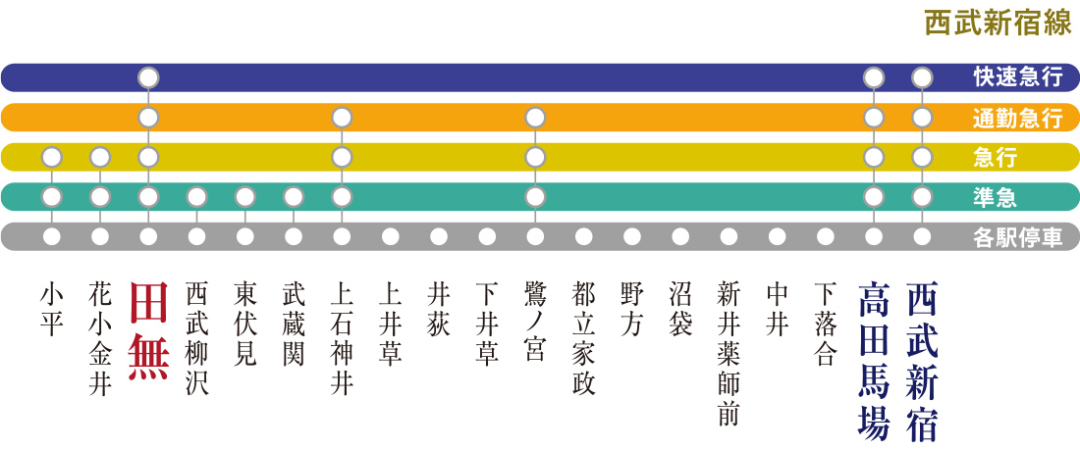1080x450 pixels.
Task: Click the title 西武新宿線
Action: point(998,24)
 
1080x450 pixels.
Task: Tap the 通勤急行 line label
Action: point(1017,119)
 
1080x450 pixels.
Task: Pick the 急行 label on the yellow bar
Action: point(997,158)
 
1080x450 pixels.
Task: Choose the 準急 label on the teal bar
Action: point(997,197)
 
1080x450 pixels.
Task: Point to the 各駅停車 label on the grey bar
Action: point(1017,237)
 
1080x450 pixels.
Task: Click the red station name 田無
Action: point(148,332)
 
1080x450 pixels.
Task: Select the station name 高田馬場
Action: point(874,360)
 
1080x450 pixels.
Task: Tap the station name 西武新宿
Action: point(922,360)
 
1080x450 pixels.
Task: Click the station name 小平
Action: point(52,309)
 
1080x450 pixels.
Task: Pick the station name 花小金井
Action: point(100,338)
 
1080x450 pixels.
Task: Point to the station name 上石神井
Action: point(342,338)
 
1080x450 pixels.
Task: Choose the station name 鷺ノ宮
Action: point(535,323)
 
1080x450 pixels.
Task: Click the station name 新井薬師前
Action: point(729,353)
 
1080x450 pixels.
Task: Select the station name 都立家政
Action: point(583,338)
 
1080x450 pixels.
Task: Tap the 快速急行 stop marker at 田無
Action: point(148,77)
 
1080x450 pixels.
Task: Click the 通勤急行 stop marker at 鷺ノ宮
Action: point(535,118)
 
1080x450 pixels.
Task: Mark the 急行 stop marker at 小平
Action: point(52,157)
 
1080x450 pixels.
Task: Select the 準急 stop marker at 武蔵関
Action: point(294,196)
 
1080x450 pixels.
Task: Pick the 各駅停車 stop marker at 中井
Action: point(777,236)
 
